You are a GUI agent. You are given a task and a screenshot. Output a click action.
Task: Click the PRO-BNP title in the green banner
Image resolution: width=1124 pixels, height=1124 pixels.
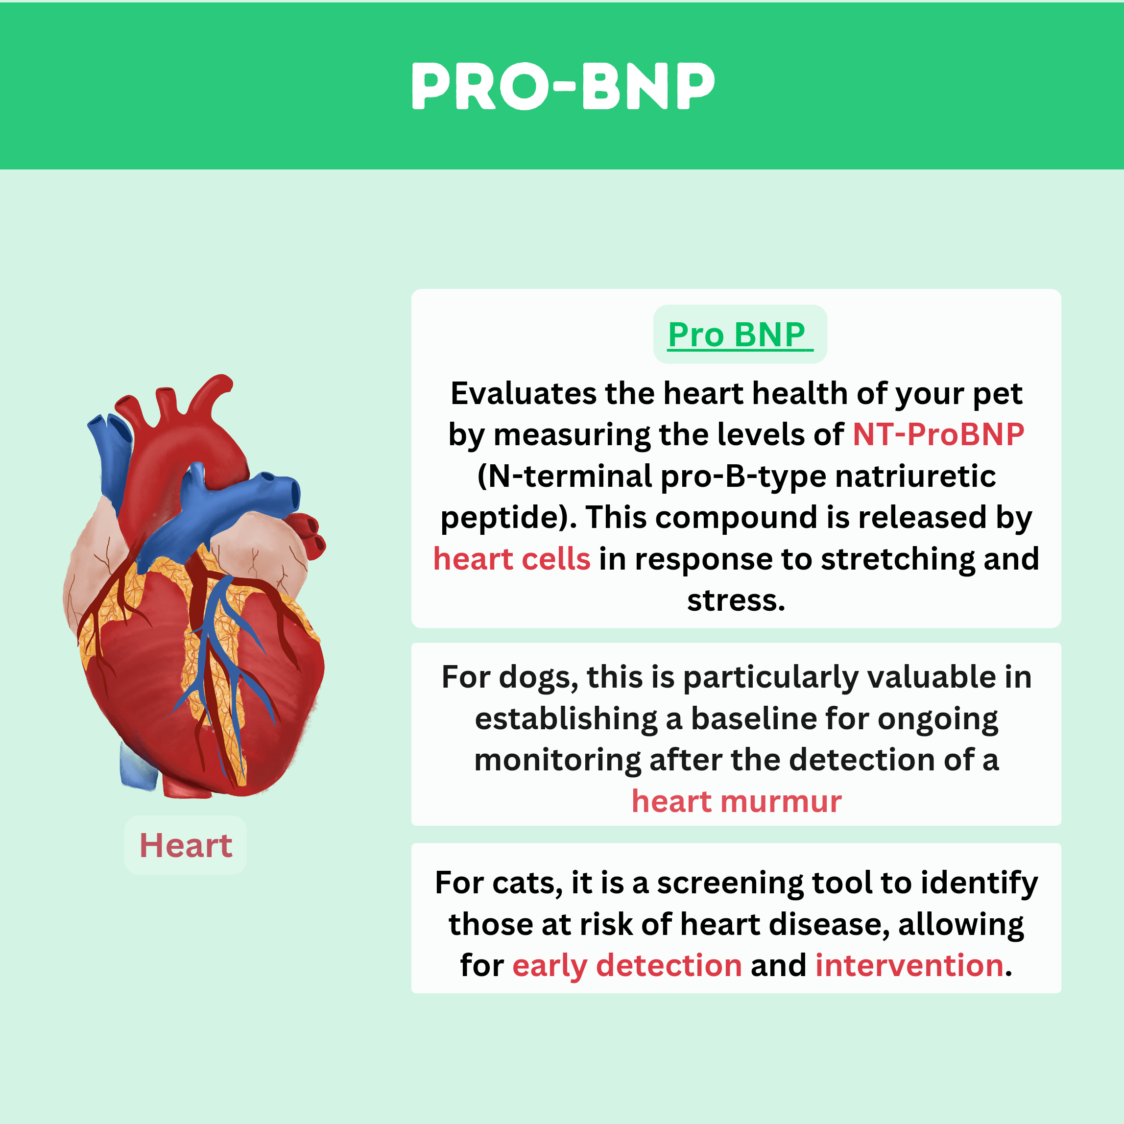click(563, 86)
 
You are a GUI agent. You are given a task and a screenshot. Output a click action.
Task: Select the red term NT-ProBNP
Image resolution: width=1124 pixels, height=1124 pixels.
click(938, 434)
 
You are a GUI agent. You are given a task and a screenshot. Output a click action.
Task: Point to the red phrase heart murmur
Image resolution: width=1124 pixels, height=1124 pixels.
click(737, 801)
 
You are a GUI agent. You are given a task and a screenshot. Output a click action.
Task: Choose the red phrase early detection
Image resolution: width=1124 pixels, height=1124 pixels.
click(627, 965)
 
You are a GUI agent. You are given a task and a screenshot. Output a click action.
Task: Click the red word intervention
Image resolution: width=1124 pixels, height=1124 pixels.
click(909, 965)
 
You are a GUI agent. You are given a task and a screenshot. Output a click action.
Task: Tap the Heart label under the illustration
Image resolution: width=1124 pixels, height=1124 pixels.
click(186, 845)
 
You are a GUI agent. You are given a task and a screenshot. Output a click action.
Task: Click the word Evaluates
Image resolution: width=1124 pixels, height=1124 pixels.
click(524, 393)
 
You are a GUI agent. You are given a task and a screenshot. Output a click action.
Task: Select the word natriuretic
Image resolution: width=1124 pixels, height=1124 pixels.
click(916, 476)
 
